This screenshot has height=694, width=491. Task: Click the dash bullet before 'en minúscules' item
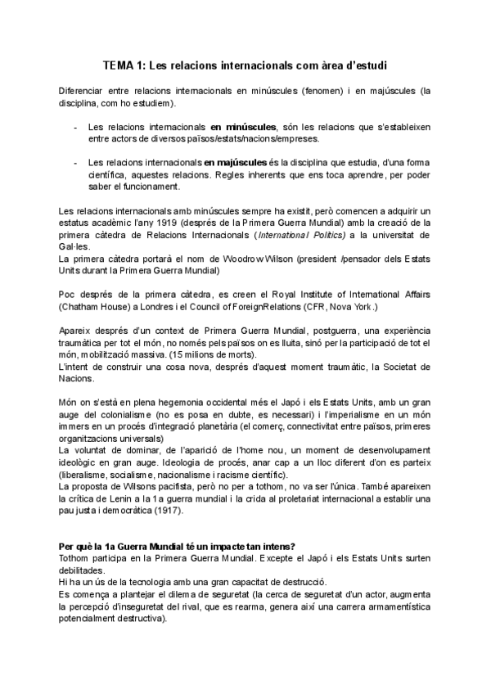click(x=76, y=128)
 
